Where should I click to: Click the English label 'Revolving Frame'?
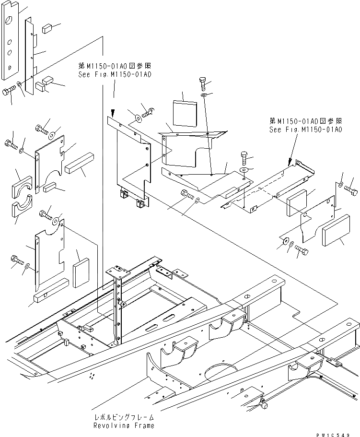(124, 425)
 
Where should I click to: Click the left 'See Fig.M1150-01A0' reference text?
(115, 75)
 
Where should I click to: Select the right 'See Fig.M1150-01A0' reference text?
(305, 130)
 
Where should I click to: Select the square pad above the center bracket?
(185, 112)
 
